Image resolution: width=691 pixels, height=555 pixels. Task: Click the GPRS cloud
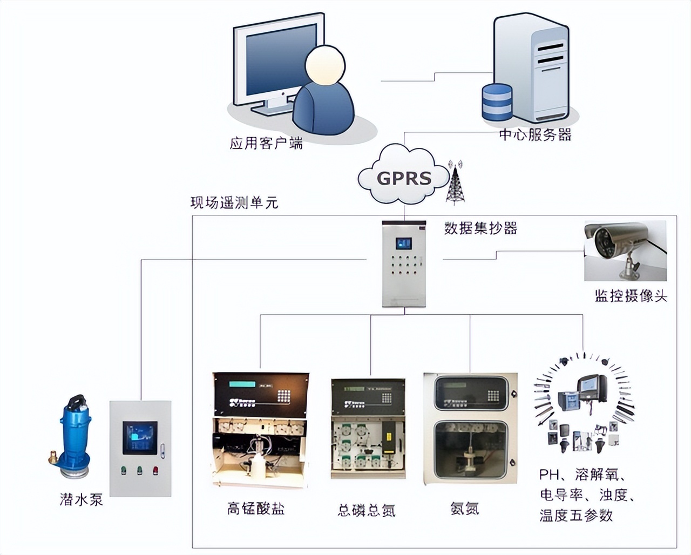[404, 177]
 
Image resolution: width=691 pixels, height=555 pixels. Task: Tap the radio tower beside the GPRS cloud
[457, 184]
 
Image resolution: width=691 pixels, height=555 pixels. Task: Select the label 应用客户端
[266, 144]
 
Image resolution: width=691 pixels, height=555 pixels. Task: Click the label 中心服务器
[535, 134]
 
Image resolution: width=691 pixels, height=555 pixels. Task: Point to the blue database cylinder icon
[497, 103]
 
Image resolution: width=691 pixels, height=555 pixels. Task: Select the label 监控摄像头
[631, 296]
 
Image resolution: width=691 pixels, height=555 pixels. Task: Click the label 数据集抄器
[480, 228]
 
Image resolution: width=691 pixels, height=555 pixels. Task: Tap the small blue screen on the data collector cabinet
[403, 243]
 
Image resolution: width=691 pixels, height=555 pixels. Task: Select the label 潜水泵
[81, 499]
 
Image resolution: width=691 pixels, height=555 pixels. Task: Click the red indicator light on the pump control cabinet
[155, 470]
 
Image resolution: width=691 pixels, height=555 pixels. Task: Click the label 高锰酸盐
[256, 509]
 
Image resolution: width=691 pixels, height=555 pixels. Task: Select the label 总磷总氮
[367, 510]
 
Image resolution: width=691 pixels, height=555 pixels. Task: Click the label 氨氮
[464, 508]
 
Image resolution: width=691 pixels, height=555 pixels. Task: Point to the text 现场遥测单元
[234, 203]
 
